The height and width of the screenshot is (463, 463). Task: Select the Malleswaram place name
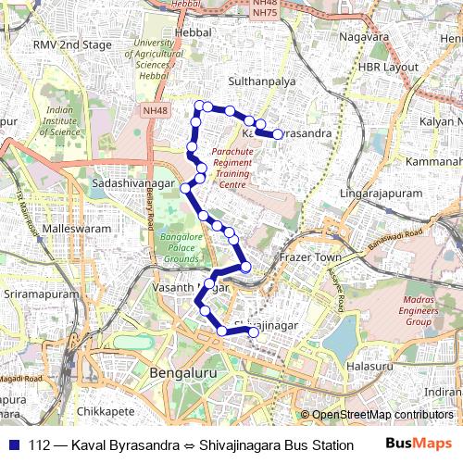[77, 228]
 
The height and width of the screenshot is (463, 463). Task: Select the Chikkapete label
[106, 409]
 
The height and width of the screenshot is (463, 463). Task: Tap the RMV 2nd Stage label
[72, 44]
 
